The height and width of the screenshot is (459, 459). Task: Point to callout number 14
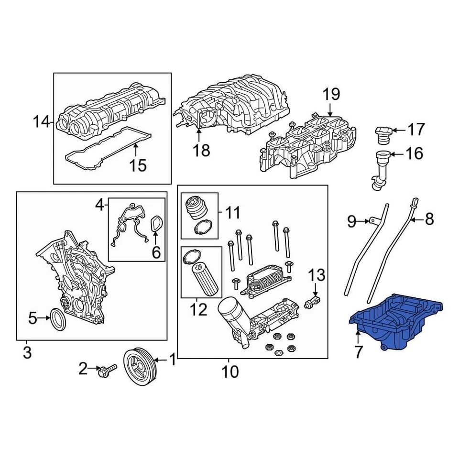tap(41, 122)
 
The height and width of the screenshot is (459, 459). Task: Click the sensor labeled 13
tap(313, 302)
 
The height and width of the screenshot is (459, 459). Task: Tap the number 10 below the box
tap(230, 372)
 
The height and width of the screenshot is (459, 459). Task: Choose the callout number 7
tap(356, 353)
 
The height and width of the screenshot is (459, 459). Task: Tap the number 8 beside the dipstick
tap(429, 219)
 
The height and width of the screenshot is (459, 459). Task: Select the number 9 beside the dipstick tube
tap(351, 221)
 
